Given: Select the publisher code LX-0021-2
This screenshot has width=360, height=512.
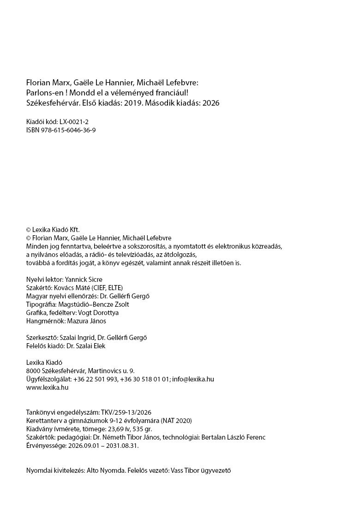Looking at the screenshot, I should coord(75,122).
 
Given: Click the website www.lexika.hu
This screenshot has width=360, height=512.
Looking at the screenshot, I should coord(48,387).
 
